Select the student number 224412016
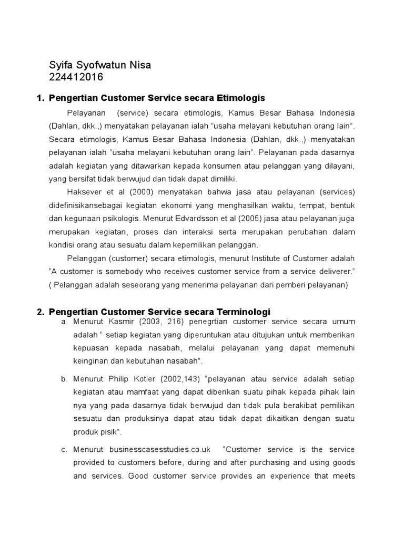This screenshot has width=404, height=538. tap(76, 78)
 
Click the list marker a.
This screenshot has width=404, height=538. tap(64, 322)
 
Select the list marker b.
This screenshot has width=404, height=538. tap(64, 379)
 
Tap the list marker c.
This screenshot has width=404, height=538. tap(64, 449)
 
